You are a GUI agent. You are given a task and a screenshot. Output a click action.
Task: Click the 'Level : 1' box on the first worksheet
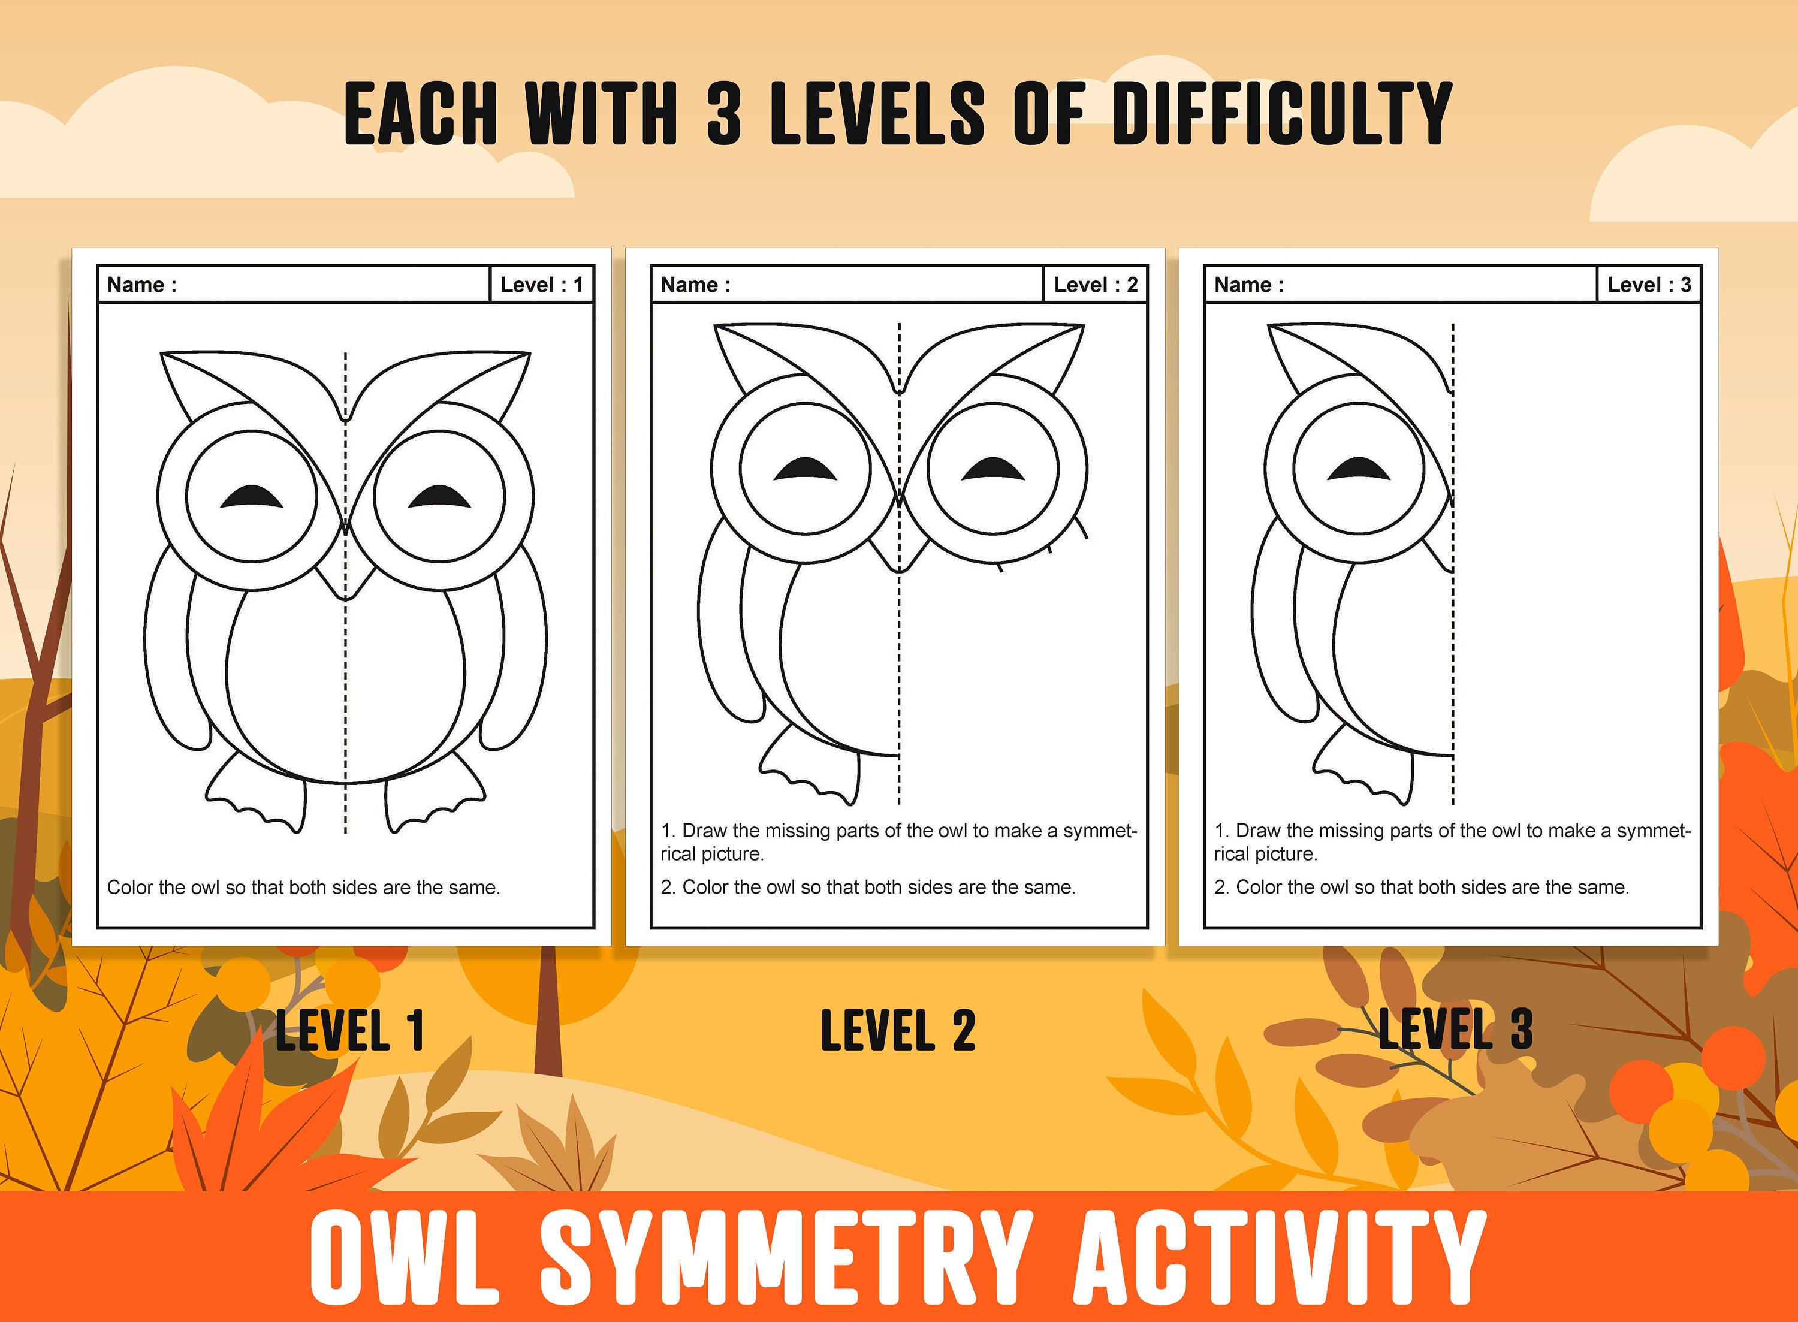541,285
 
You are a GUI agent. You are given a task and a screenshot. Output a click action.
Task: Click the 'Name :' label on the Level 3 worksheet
1248,285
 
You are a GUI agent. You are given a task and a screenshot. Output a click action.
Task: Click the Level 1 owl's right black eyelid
439,498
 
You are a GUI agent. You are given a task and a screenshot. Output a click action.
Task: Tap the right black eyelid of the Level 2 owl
993,470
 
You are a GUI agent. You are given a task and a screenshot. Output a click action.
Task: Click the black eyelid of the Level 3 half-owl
1359,470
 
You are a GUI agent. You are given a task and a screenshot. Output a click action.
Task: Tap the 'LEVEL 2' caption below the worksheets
898,1030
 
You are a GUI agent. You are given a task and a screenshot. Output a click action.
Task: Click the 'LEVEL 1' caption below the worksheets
349,1030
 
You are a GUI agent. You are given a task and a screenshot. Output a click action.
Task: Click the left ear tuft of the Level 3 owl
1301,360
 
